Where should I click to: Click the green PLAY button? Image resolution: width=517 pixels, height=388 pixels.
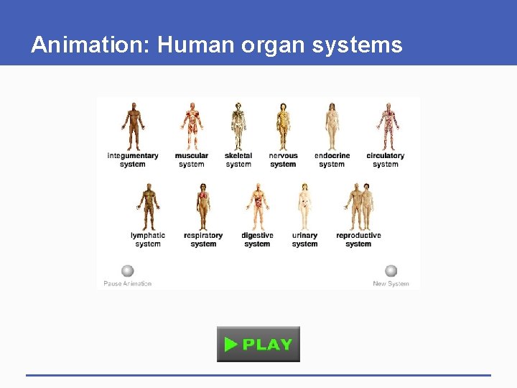258,344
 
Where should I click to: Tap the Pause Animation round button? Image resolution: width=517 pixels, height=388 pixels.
127,271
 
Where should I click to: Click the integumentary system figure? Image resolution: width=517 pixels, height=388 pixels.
133,126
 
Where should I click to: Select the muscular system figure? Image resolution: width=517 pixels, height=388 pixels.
192,126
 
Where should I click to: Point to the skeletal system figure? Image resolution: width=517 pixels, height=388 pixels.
238,126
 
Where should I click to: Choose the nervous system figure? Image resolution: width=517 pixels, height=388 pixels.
283,126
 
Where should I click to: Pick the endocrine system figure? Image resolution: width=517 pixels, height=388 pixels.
332,126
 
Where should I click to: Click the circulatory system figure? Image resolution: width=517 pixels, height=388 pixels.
386,126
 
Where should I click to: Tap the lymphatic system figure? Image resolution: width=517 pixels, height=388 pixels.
148,206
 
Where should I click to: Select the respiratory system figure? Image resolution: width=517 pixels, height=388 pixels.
203,206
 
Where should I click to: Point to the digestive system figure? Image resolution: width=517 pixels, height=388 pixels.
258,206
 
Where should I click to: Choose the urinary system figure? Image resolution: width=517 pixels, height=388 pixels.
304,206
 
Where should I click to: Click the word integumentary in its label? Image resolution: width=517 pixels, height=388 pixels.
133,156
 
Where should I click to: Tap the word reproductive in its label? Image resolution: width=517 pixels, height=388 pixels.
358,236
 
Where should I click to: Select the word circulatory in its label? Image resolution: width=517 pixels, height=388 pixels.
386,156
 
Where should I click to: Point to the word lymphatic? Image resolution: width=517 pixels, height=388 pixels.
148,236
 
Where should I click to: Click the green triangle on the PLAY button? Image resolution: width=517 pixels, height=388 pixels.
230,344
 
